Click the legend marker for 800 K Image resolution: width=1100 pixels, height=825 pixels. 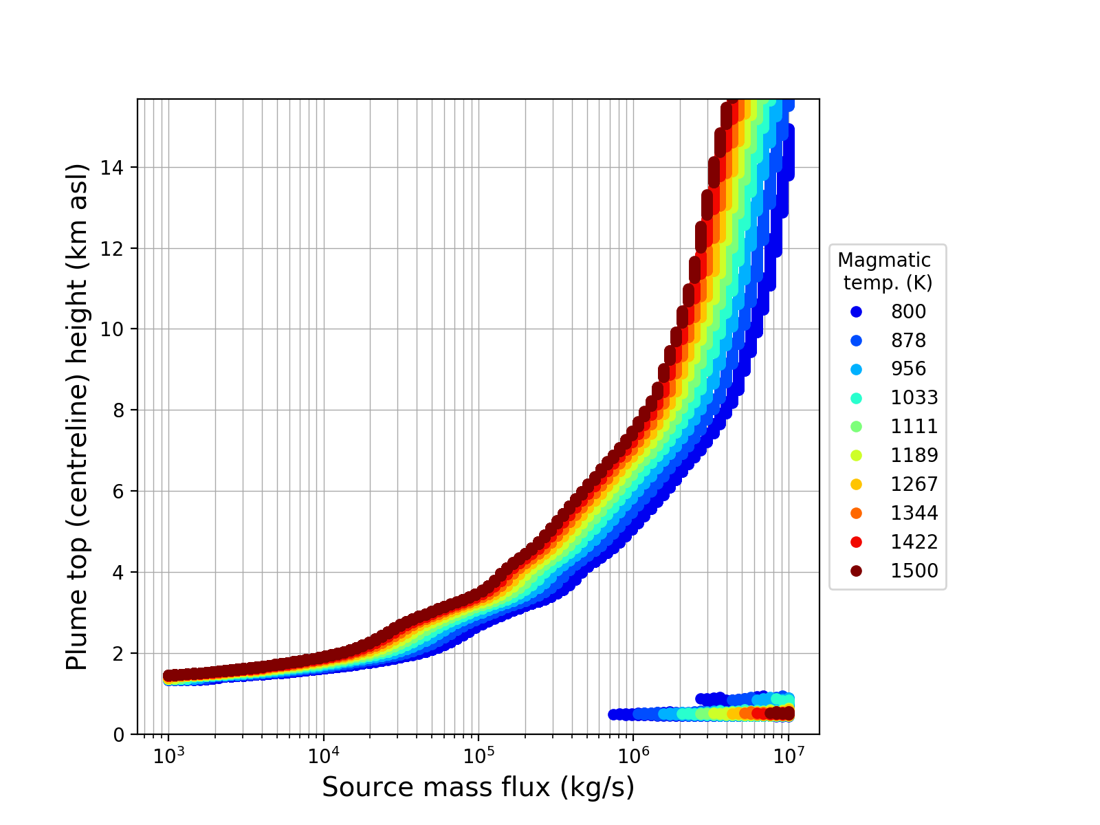(856, 311)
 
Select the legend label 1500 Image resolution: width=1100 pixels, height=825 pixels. (914, 571)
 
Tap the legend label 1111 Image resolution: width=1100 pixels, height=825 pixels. (914, 426)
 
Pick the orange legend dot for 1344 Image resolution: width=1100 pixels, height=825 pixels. (856, 513)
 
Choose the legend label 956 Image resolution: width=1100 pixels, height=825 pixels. (908, 368)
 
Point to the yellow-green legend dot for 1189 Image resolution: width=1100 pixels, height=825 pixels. (856, 455)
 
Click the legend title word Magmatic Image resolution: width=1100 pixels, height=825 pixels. (884, 261)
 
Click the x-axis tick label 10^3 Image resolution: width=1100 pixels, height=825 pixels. (168, 756)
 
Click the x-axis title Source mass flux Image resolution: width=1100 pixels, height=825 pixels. (478, 788)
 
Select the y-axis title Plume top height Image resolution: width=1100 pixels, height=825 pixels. (78, 417)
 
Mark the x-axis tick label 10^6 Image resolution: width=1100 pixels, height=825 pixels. (633, 756)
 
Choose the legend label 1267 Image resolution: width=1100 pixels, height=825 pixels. (914, 484)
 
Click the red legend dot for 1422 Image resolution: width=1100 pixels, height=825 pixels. (856, 542)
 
